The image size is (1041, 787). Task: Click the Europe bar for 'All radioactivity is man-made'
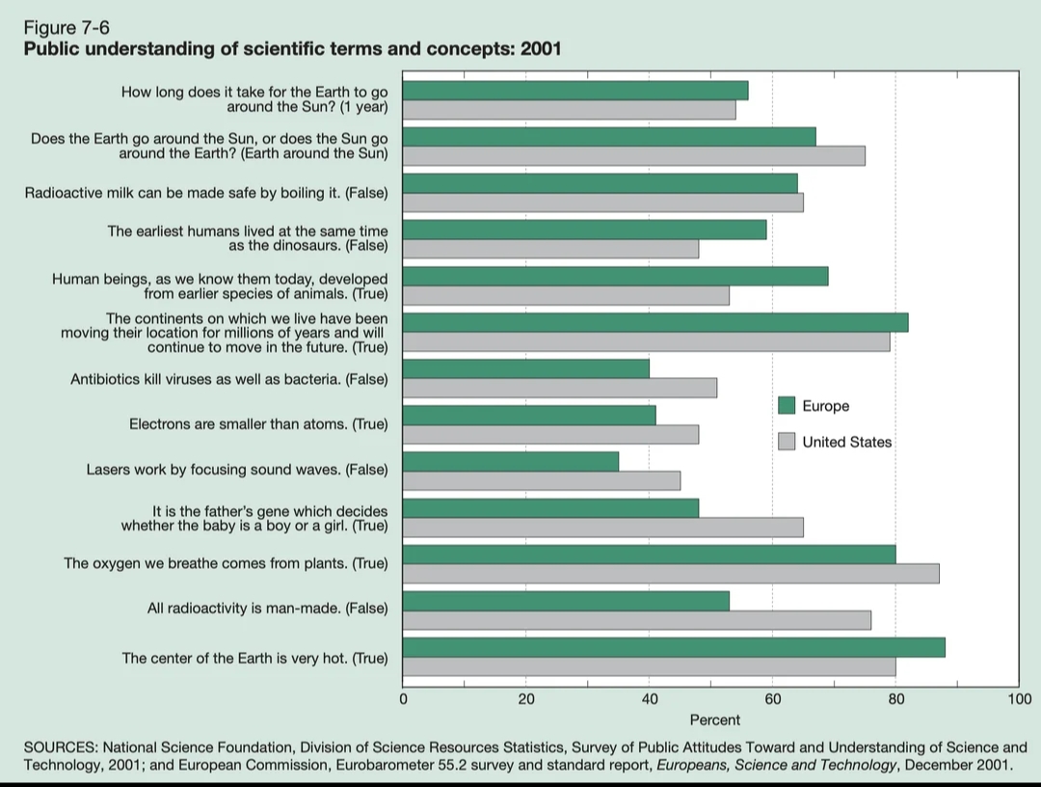coord(566,601)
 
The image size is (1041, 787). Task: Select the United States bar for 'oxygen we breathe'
coord(671,574)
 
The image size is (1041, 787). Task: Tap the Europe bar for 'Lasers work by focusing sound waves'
coord(511,461)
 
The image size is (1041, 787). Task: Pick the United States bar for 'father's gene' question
coord(602,527)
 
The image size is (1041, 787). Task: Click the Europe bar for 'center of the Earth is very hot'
coord(674,647)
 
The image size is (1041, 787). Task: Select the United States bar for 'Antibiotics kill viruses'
coord(559,388)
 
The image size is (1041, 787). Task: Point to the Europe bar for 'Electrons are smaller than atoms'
coord(529,415)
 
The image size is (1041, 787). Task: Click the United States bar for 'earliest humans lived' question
coord(550,249)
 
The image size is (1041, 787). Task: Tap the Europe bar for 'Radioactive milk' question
coord(600,183)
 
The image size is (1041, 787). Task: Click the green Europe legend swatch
coord(787,406)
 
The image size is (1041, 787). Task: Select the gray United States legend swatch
coord(787,442)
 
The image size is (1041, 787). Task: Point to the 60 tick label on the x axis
coord(772,698)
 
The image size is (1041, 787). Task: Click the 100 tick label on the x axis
coord(1019,698)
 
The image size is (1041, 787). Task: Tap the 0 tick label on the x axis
coord(403,698)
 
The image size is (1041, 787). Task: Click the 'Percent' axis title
coord(715,719)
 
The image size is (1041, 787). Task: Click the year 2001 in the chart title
coord(541,49)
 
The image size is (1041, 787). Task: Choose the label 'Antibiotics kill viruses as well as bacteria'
coord(229,379)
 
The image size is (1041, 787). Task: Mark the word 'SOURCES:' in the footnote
coord(60,747)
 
